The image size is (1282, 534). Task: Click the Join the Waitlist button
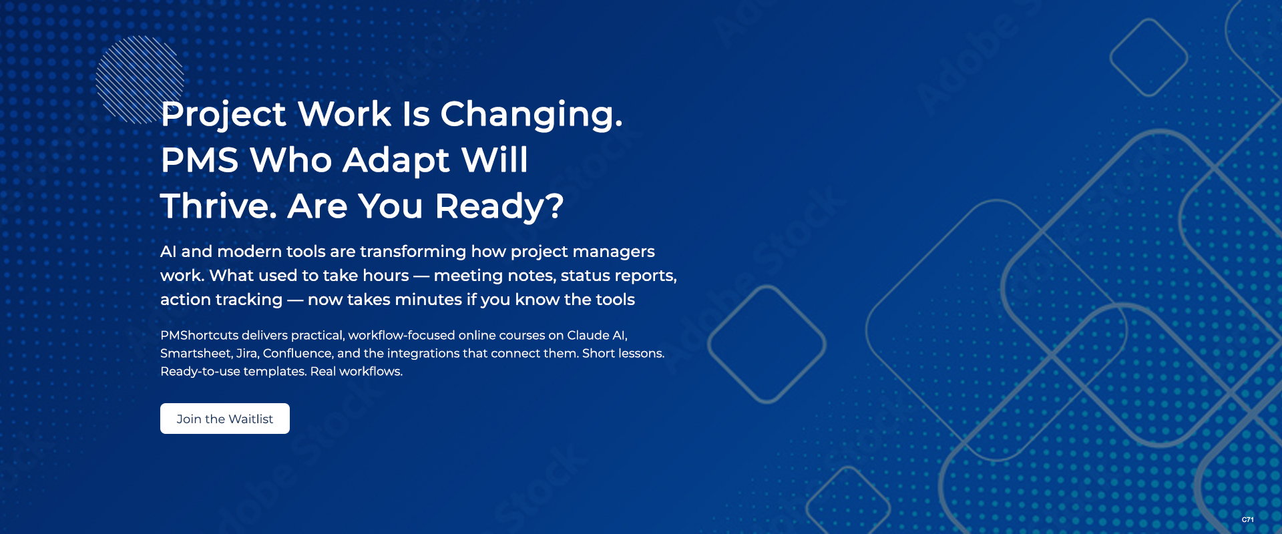(225, 419)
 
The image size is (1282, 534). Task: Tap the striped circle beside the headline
(140, 79)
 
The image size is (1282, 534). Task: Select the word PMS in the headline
(200, 160)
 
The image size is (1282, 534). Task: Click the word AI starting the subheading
(168, 252)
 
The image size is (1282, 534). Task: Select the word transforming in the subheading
(413, 252)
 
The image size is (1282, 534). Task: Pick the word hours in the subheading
(386, 276)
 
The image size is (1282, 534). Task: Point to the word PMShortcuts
(199, 335)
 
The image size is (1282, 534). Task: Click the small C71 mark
(1248, 519)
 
